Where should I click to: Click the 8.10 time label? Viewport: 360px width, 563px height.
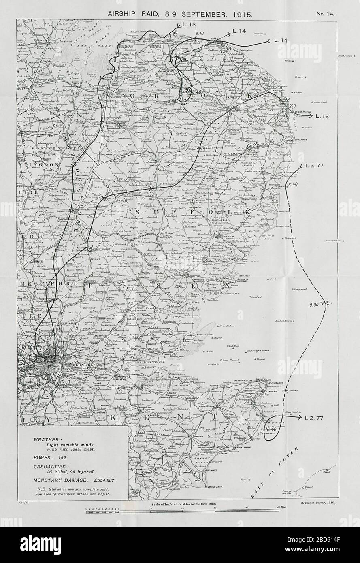199,33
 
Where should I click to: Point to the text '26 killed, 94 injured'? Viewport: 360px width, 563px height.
70,471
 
